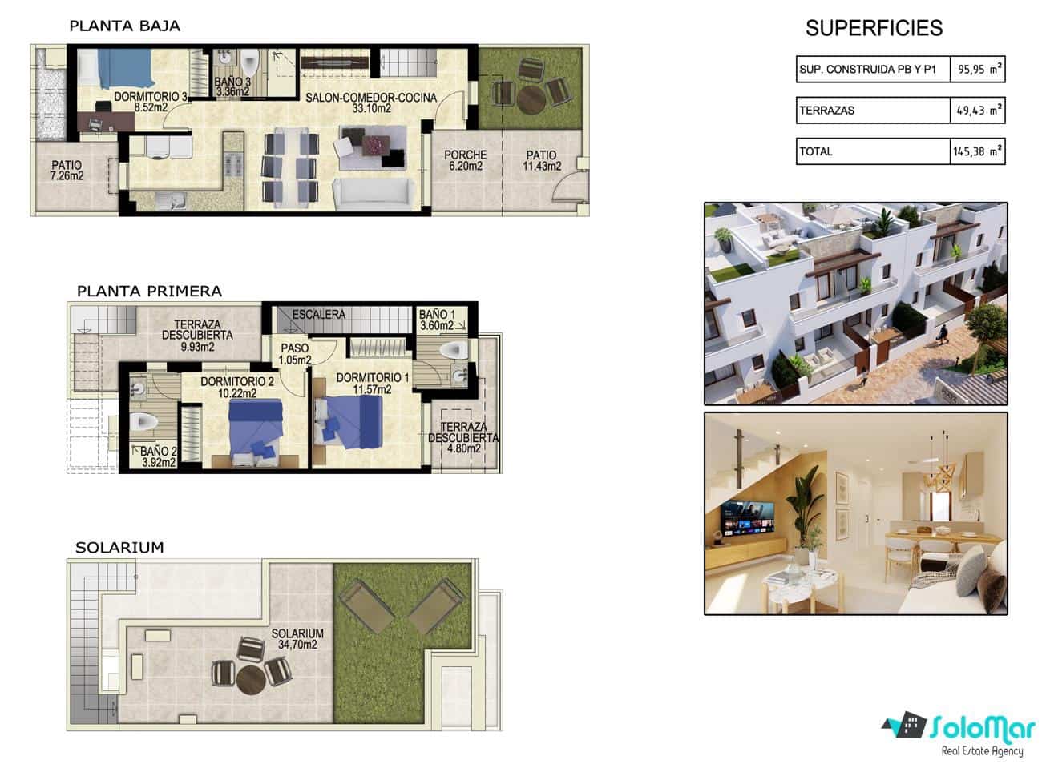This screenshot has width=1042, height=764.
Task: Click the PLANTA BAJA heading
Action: pyautogui.click(x=125, y=26)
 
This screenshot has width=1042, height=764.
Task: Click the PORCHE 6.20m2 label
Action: pyautogui.click(x=465, y=160)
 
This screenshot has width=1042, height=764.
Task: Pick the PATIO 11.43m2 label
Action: pyautogui.click(x=542, y=160)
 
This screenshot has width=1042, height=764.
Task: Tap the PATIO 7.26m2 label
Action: pyautogui.click(x=67, y=170)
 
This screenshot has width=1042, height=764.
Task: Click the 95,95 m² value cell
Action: pyautogui.click(x=977, y=69)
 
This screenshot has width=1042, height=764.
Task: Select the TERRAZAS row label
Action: pyautogui.click(x=827, y=111)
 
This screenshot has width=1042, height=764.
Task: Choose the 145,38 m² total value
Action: pyautogui.click(x=977, y=151)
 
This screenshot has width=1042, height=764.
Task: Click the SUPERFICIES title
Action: pyautogui.click(x=874, y=28)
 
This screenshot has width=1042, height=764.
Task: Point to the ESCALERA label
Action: pyautogui.click(x=319, y=315)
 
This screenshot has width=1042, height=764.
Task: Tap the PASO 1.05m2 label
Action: pyautogui.click(x=296, y=354)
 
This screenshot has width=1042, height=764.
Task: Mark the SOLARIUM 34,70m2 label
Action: pyautogui.click(x=297, y=639)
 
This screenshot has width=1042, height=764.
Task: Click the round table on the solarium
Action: pyautogui.click(x=251, y=680)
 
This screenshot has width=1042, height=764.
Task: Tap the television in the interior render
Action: pyautogui.click(x=748, y=518)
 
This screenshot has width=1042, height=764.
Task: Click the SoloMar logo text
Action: pyautogui.click(x=983, y=729)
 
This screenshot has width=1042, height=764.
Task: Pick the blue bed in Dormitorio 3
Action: pyautogui.click(x=126, y=69)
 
